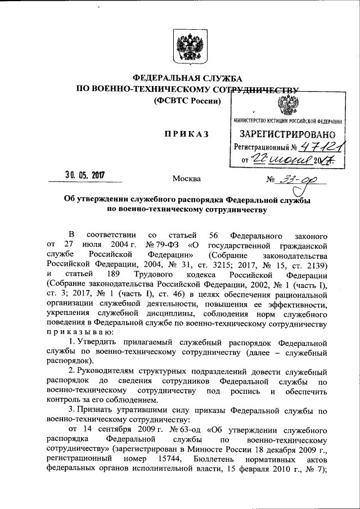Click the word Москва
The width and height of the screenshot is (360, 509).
(186, 179)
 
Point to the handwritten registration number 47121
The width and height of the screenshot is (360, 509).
(309, 147)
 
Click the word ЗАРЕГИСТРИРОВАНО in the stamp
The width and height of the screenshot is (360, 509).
(288, 134)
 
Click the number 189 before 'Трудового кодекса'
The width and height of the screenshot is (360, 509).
(119, 274)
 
